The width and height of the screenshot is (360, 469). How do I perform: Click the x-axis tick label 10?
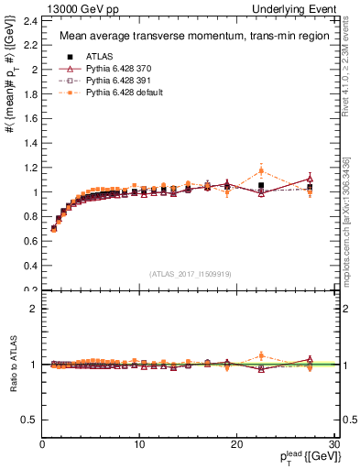tap(139, 444)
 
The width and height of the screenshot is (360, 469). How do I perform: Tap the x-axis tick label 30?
tap(333, 444)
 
